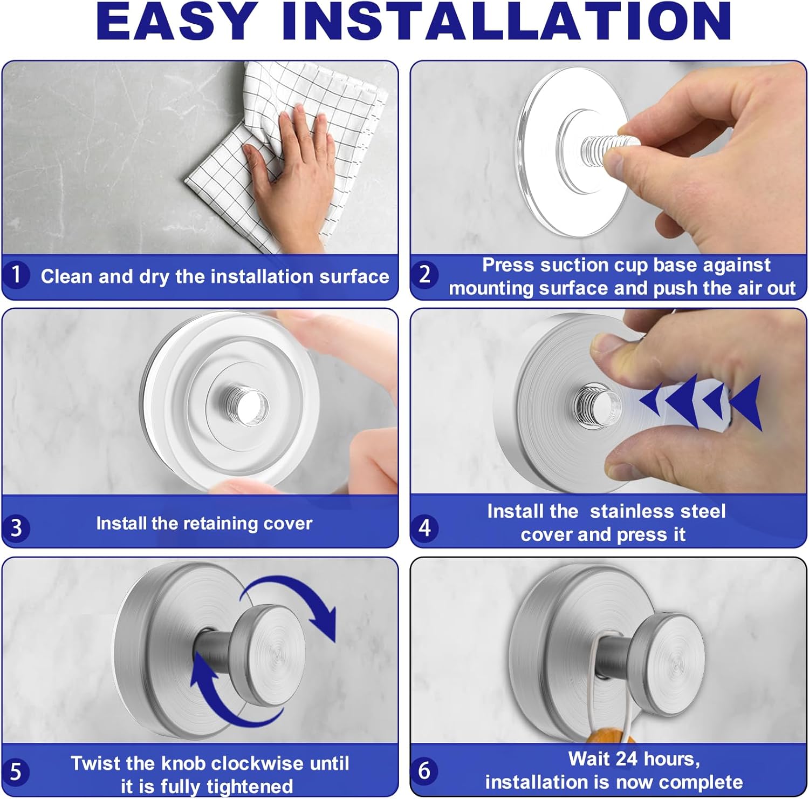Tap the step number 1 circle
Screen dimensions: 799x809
click(16, 274)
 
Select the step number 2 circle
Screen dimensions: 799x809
click(425, 274)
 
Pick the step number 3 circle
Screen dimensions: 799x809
click(16, 527)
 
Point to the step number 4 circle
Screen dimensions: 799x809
click(425, 527)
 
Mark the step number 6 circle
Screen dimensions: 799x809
click(425, 770)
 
